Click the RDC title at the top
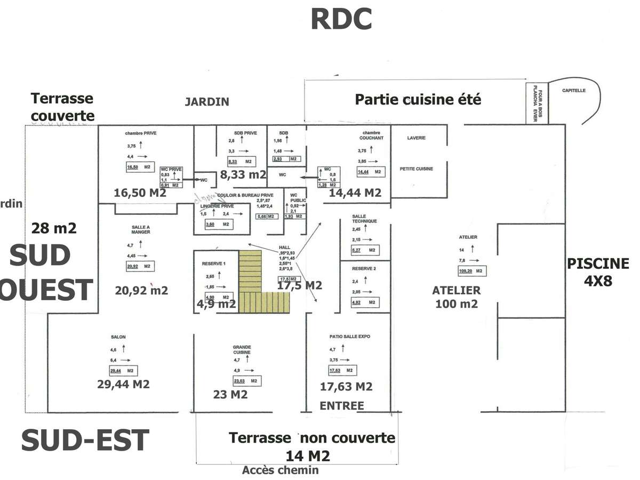tap(341, 19)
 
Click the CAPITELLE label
tap(573, 91)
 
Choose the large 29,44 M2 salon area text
tap(123, 385)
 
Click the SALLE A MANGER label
tap(141, 229)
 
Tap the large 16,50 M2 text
tap(140, 193)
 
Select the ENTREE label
tap(341, 406)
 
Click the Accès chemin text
tap(281, 470)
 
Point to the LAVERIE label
tap(416, 138)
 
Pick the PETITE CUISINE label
tap(416, 169)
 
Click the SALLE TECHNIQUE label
tap(365, 219)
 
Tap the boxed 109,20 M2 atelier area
tap(470, 271)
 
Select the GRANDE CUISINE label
tap(242, 349)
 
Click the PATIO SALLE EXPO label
tap(350, 337)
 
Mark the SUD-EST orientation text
tap(85, 441)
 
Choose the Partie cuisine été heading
tap(418, 99)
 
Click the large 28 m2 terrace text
tap(54, 228)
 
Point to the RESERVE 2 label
tap(364, 268)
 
